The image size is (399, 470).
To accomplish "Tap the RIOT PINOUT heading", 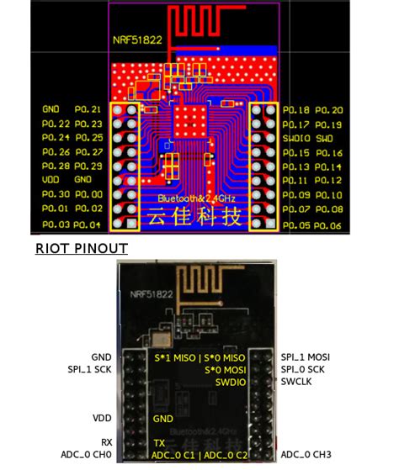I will [81, 248].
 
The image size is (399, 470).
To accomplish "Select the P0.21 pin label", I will [88, 109].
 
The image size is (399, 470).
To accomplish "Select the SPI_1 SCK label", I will [90, 369].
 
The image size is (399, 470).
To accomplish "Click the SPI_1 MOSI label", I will [306, 356].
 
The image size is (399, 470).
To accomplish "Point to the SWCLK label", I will [297, 383].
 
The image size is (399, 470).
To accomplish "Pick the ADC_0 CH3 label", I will [306, 455].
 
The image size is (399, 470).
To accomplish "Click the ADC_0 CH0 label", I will [87, 455].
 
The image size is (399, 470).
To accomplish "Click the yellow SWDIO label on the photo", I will [231, 383].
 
